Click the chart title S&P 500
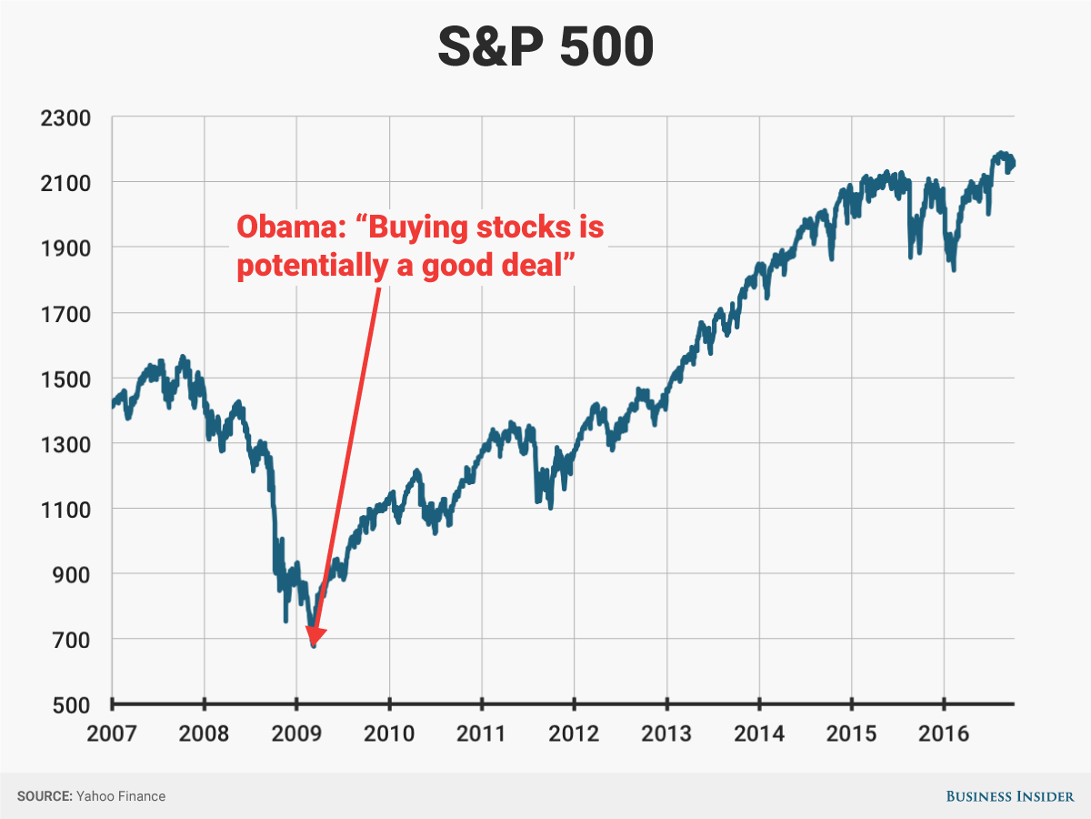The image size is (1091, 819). (545, 46)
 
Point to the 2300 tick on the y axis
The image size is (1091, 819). (64, 117)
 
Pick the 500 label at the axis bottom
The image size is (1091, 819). (68, 705)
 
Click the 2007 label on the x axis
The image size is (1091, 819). (112, 733)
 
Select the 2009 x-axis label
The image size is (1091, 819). (296, 733)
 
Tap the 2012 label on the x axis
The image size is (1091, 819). (574, 733)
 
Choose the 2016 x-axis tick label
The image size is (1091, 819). (944, 733)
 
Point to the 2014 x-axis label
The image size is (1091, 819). (759, 733)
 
